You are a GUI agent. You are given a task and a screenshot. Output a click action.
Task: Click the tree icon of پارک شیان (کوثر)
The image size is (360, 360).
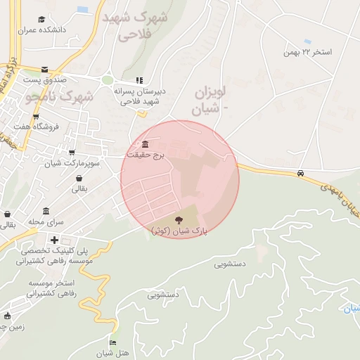[176, 220]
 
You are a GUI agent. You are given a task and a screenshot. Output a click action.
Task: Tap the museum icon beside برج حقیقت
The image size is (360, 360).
[144, 144]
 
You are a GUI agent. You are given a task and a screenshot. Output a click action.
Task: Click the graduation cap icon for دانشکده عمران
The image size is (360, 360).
[41, 20]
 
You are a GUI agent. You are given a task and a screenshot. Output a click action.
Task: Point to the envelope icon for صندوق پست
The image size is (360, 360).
[45, 69]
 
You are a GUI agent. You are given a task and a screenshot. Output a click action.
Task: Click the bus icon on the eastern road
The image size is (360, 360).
[301, 173]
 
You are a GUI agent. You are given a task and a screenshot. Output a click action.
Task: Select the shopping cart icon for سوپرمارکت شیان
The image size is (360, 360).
[72, 153]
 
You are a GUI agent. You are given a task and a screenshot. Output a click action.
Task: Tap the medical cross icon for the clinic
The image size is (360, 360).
[54, 240]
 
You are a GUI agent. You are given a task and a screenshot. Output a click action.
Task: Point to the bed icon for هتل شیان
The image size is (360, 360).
[113, 342]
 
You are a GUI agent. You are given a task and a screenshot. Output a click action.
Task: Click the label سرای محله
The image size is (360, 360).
[46, 221]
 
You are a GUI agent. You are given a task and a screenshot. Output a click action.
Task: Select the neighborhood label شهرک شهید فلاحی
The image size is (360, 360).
[134, 26]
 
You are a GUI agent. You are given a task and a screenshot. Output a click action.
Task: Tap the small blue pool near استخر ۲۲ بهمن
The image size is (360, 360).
[307, 41]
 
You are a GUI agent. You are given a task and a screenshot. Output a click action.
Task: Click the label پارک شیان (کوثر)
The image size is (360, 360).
[176, 230]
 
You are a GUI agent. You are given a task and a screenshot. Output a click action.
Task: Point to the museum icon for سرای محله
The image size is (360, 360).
[46, 212]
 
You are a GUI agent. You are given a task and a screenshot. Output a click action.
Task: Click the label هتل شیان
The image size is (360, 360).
[113, 353]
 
